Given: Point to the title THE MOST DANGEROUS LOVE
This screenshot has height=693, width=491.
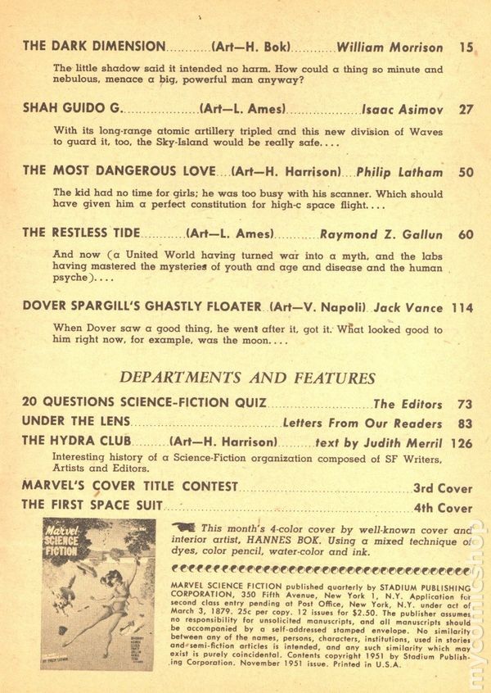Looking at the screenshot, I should pyautogui.click(x=119, y=171).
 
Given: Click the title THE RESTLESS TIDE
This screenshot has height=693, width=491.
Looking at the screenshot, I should pyautogui.click(x=81, y=233).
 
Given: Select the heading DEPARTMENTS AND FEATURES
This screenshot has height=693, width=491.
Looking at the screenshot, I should pyautogui.click(x=247, y=378).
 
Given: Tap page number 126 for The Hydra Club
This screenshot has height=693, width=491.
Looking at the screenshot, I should pyautogui.click(x=462, y=442).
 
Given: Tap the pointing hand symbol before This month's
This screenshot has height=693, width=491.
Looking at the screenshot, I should pyautogui.click(x=185, y=528).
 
